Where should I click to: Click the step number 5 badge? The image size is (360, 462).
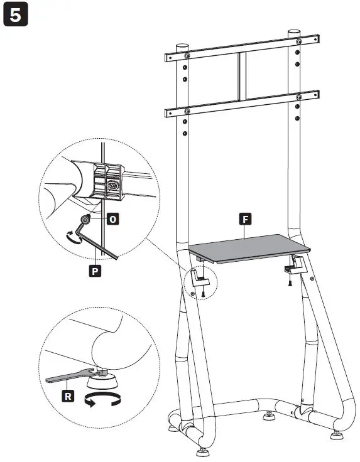click(x=16, y=16)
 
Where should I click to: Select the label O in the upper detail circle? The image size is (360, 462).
click(x=113, y=219)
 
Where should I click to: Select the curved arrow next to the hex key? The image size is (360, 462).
click(x=74, y=235)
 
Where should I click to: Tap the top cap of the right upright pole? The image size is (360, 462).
click(x=294, y=33)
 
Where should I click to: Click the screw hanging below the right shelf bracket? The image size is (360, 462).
click(x=290, y=281)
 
